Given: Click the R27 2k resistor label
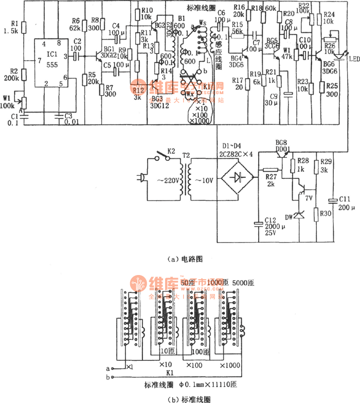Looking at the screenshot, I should (x=270, y=180).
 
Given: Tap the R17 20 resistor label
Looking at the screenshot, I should (x=238, y=83).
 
